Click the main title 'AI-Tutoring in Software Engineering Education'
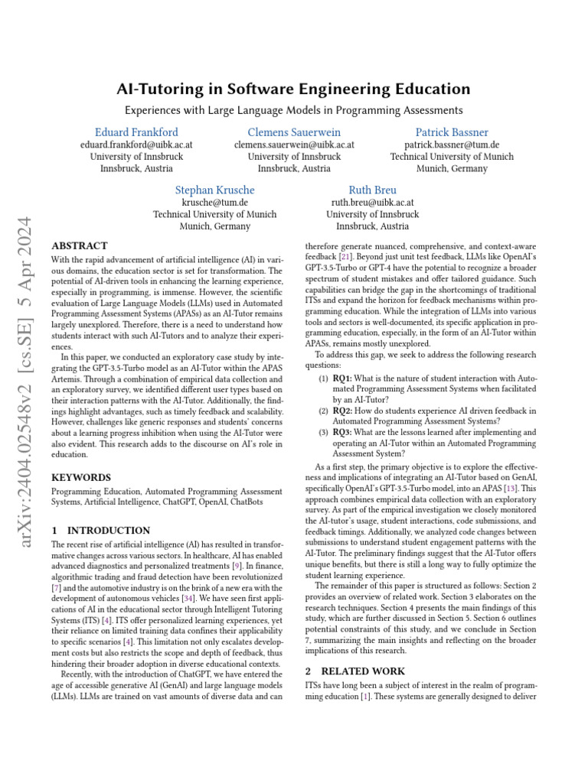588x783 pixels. click(293, 89)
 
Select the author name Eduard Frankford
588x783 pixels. click(136, 132)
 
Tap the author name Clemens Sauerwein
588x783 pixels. click(294, 132)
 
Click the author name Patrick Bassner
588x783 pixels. click(452, 132)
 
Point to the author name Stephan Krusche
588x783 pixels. click(214, 190)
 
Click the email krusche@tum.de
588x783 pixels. click(214, 203)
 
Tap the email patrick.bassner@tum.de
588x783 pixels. click(452, 145)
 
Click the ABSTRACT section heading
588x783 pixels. click(79, 246)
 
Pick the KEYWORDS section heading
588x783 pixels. click(80, 477)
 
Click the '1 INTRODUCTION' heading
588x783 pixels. click(100, 530)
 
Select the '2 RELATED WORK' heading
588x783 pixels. click(353, 671)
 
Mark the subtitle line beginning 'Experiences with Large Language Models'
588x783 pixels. click(293, 110)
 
